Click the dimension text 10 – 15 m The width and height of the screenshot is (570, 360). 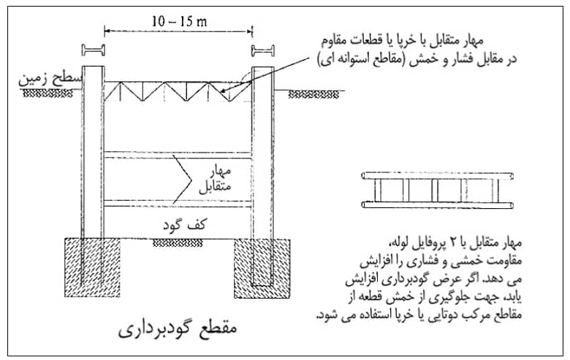coord(179,21)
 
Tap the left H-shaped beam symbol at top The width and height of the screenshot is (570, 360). coord(94,50)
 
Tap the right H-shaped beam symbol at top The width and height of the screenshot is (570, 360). coord(263,50)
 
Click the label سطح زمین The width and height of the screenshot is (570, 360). coord(50,79)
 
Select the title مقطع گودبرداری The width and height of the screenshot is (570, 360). coord(178,329)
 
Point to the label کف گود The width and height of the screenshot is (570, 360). coord(184,225)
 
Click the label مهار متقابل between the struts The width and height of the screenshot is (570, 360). coord(215,180)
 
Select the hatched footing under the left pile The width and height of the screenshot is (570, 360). coord(92,268)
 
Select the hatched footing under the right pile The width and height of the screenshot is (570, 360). coord(262,269)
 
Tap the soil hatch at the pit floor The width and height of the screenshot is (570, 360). coord(178,243)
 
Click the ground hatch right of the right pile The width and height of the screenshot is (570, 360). coord(313,94)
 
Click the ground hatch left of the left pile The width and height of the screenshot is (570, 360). coord(47,93)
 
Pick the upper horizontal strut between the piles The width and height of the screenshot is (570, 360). coord(178,155)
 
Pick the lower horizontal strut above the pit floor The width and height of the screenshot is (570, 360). coord(178,204)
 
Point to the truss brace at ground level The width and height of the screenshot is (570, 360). coord(178,91)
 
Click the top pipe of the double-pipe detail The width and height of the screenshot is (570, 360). coord(437,176)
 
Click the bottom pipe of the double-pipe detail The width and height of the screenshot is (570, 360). coord(437,205)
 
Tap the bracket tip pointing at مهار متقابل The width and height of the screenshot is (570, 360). coord(191,180)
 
